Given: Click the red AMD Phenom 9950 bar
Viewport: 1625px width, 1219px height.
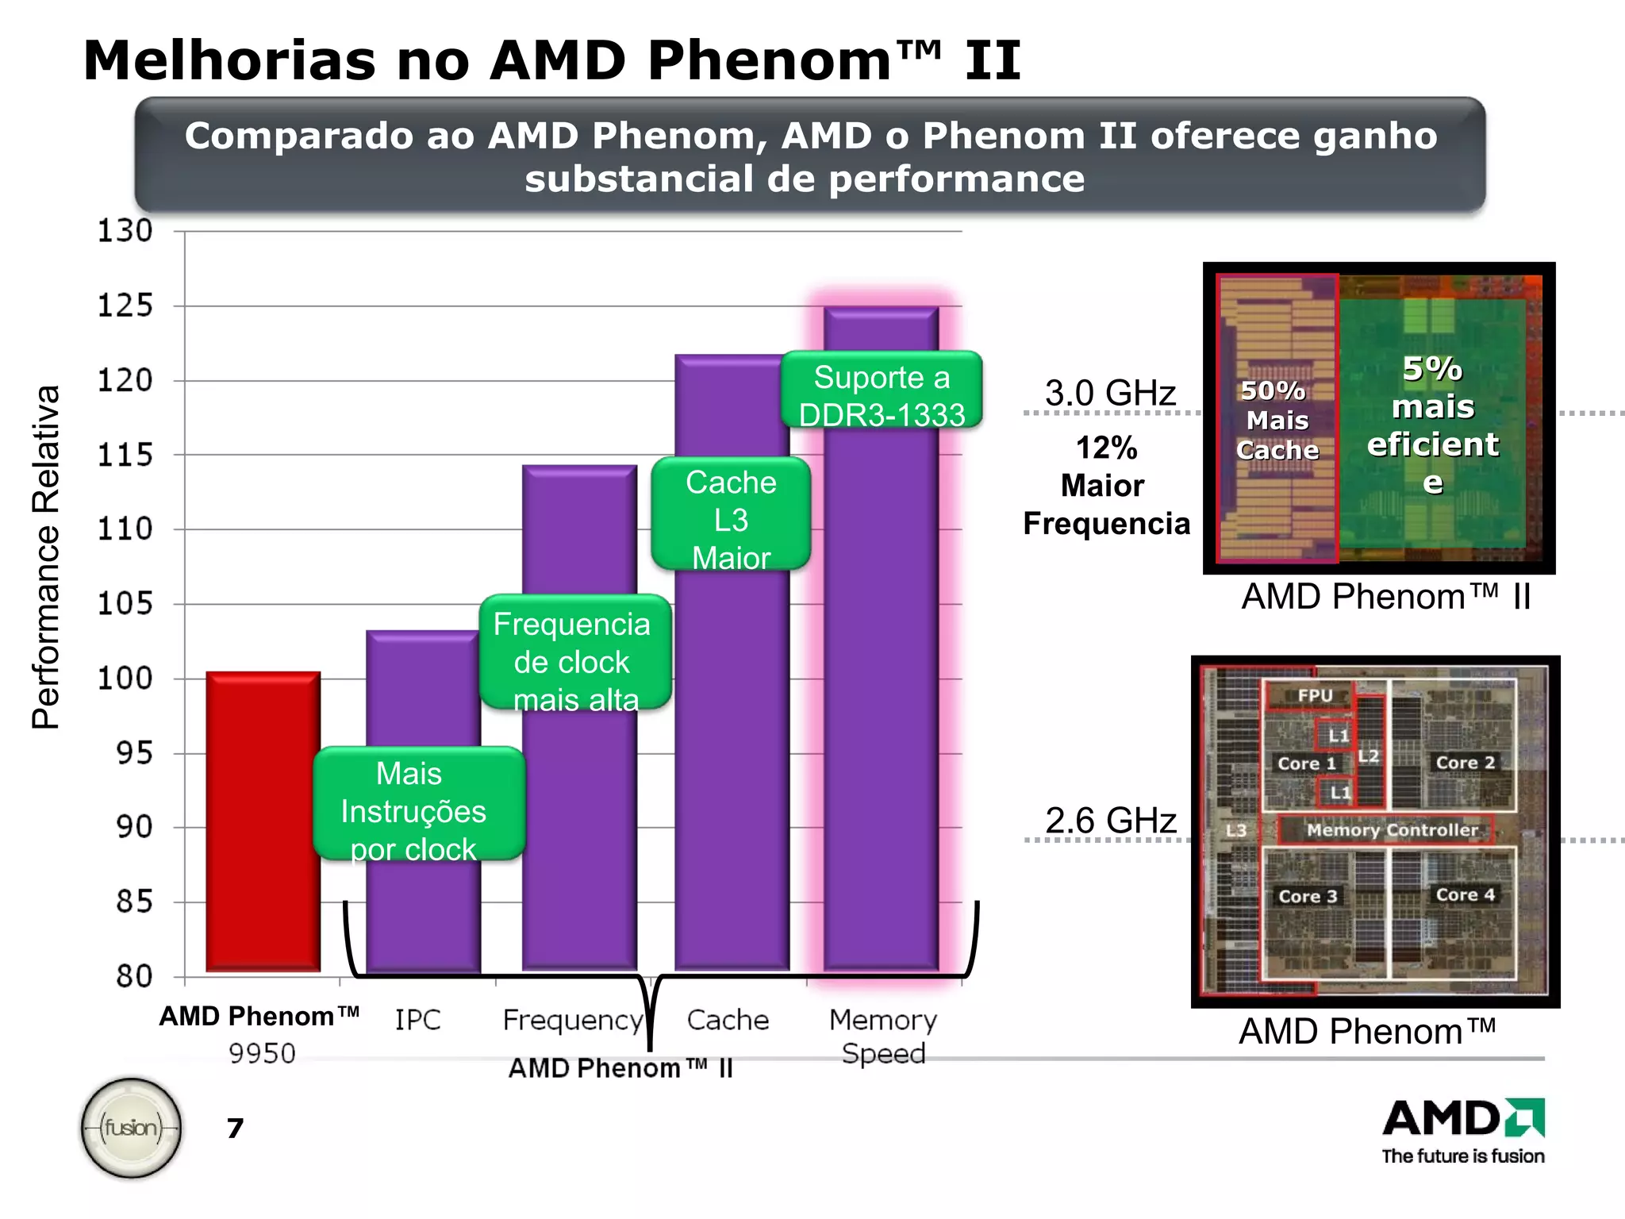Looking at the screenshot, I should point(263,821).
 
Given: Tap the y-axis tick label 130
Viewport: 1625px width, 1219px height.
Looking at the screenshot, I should point(125,231).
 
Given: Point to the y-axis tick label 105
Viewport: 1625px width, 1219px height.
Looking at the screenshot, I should point(125,604).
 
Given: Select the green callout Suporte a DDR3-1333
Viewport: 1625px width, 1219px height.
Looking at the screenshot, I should point(882,394).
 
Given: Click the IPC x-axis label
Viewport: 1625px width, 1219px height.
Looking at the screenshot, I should point(418,1020).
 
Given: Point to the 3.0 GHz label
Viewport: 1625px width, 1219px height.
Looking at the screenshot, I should point(1109,393).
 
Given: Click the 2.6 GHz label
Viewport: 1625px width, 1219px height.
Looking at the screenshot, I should point(1110,820).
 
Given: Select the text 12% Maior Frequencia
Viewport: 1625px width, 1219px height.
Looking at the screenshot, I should point(1106,486).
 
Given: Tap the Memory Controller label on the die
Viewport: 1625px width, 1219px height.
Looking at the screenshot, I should point(1392,830).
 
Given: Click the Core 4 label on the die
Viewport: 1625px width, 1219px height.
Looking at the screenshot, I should point(1465,894).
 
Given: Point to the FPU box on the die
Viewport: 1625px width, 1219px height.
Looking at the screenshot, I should point(1314,695).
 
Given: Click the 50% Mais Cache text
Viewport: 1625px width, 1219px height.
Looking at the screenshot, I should point(1277,420).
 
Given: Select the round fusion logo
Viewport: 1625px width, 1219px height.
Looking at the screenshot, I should point(132,1127).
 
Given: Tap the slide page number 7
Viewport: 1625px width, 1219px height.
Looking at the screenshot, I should point(235,1128).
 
